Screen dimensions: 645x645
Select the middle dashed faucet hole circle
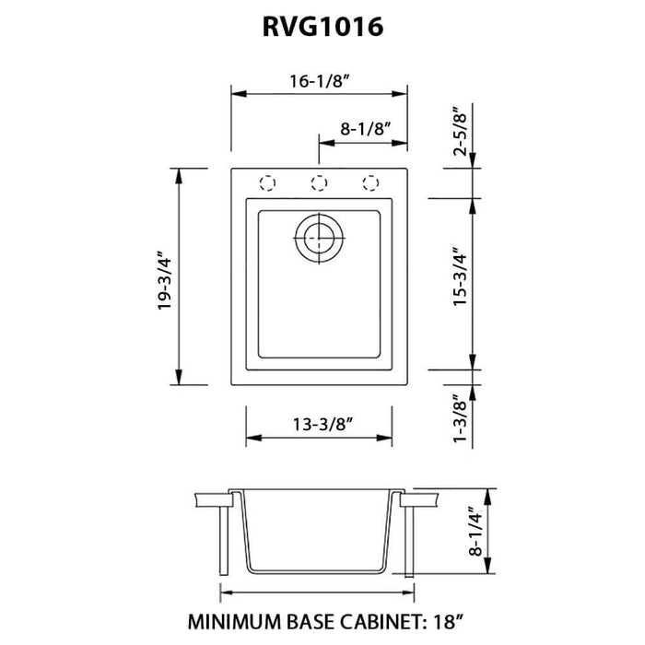click(x=319, y=182)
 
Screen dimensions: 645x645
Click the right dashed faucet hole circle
click(x=370, y=182)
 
